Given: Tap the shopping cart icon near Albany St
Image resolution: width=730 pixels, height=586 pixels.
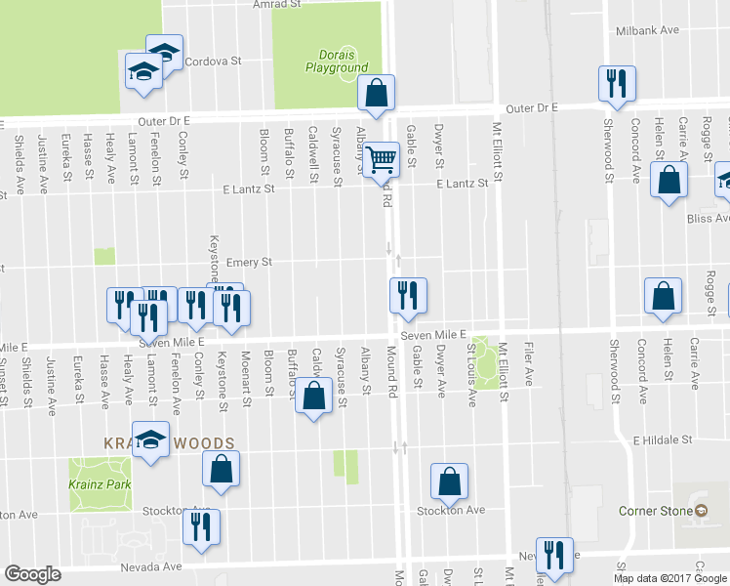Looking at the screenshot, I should pos(382,156).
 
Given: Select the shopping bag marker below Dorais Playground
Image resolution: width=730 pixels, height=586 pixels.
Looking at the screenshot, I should pos(376,94).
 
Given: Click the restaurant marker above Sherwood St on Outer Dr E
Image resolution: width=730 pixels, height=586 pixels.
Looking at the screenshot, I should pos(616,84).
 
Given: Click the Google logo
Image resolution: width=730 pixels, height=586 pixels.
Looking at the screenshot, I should pos(32,575).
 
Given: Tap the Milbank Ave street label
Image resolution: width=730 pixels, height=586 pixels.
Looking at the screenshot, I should pos(647,30).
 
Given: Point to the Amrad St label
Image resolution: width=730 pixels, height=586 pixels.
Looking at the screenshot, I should pos(277,5).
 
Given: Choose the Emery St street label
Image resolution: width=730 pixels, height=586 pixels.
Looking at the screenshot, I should pos(248,262).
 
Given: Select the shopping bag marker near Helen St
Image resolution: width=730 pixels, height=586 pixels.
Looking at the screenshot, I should pos(669,180).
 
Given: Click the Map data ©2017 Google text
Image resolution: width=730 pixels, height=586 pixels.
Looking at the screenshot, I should pos(670,577).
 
